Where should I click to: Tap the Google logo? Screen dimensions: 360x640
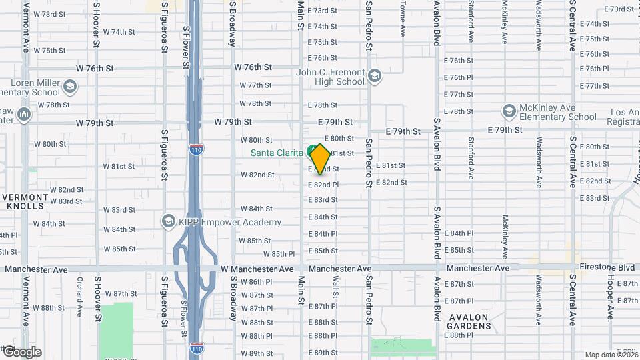[x=22, y=352]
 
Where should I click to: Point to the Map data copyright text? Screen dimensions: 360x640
[x=611, y=355]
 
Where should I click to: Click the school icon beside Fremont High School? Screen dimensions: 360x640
[x=374, y=77]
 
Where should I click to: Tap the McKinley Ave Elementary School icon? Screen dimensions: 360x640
[x=510, y=111]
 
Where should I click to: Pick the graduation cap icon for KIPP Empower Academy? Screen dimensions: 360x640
[x=169, y=221]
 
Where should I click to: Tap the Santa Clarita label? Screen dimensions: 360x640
[x=277, y=153]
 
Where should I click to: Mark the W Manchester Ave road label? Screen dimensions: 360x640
[x=257, y=269]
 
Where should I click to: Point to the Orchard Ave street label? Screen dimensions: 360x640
[x=79, y=296]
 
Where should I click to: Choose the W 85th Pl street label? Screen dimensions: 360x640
[x=279, y=254]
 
